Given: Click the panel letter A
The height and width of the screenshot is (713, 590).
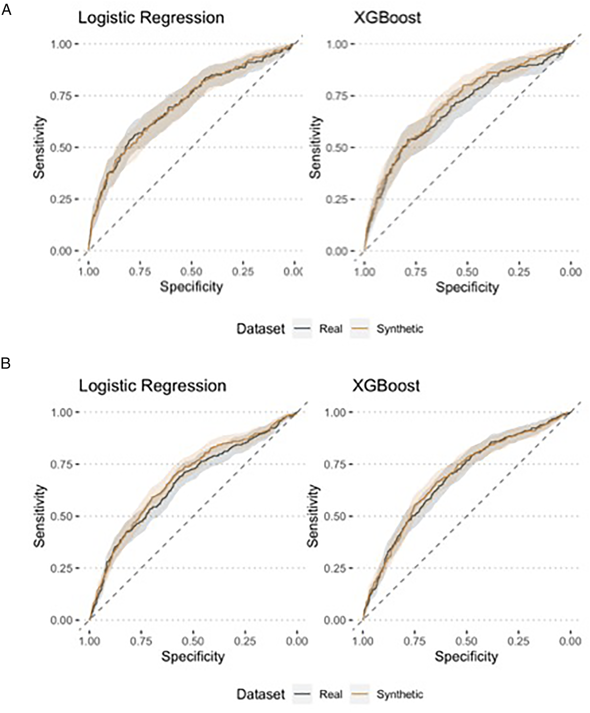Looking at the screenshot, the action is click(x=6, y=10).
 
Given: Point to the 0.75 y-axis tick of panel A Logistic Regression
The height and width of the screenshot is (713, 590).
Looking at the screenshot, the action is click(x=61, y=96).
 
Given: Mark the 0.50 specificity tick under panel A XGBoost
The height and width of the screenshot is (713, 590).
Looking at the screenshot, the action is click(x=467, y=272).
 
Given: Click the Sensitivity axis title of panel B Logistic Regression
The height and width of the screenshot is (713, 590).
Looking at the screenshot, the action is click(x=39, y=516).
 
